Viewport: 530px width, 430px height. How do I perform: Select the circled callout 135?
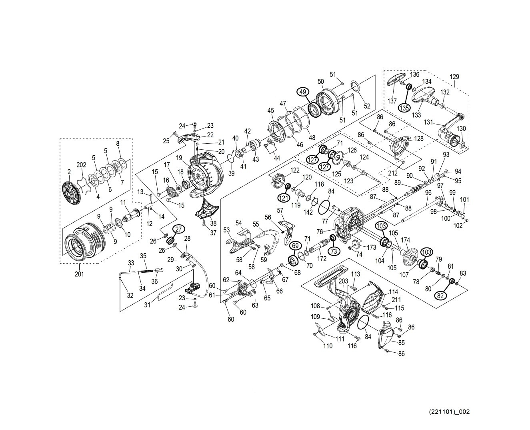(404, 108)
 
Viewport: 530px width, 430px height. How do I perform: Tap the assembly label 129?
(454, 76)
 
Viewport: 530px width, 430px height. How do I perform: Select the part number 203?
(343, 281)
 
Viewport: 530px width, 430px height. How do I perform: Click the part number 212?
(393, 173)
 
